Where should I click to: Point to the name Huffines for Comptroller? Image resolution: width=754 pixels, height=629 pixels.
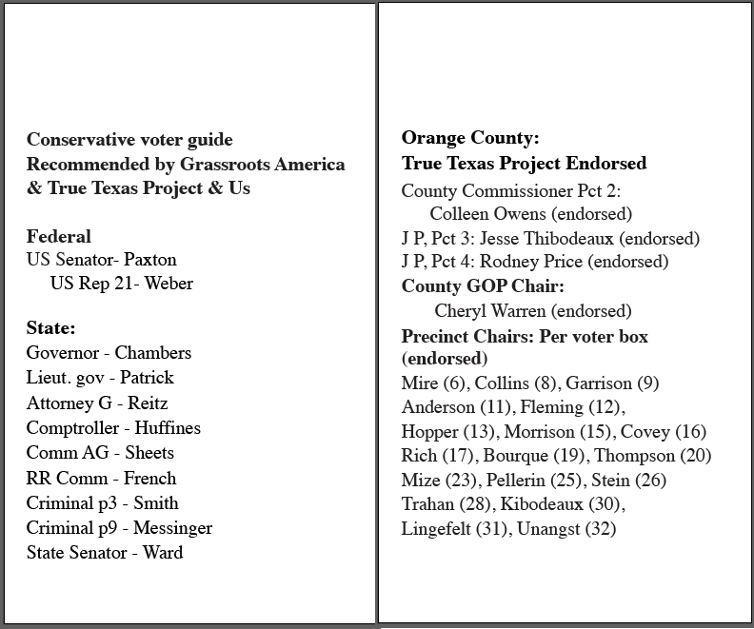(168, 428)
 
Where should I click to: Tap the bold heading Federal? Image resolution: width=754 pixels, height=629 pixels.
(59, 236)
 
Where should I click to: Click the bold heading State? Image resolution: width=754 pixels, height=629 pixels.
(50, 328)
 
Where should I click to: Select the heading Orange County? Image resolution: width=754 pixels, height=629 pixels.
(470, 138)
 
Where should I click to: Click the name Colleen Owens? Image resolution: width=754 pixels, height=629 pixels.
(488, 214)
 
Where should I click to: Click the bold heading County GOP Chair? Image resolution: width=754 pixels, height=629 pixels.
(483, 286)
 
